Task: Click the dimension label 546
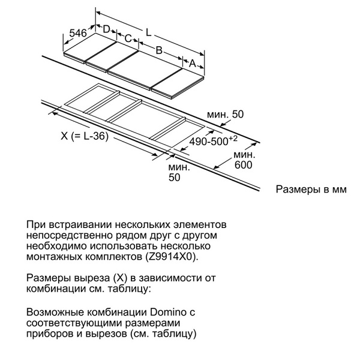[x=77, y=34]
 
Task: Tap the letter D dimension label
[x=106, y=29]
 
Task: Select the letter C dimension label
[x=128, y=38]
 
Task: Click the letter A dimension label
[x=193, y=62]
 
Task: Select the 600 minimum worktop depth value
[x=244, y=166]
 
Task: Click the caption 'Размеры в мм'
[x=311, y=190]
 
